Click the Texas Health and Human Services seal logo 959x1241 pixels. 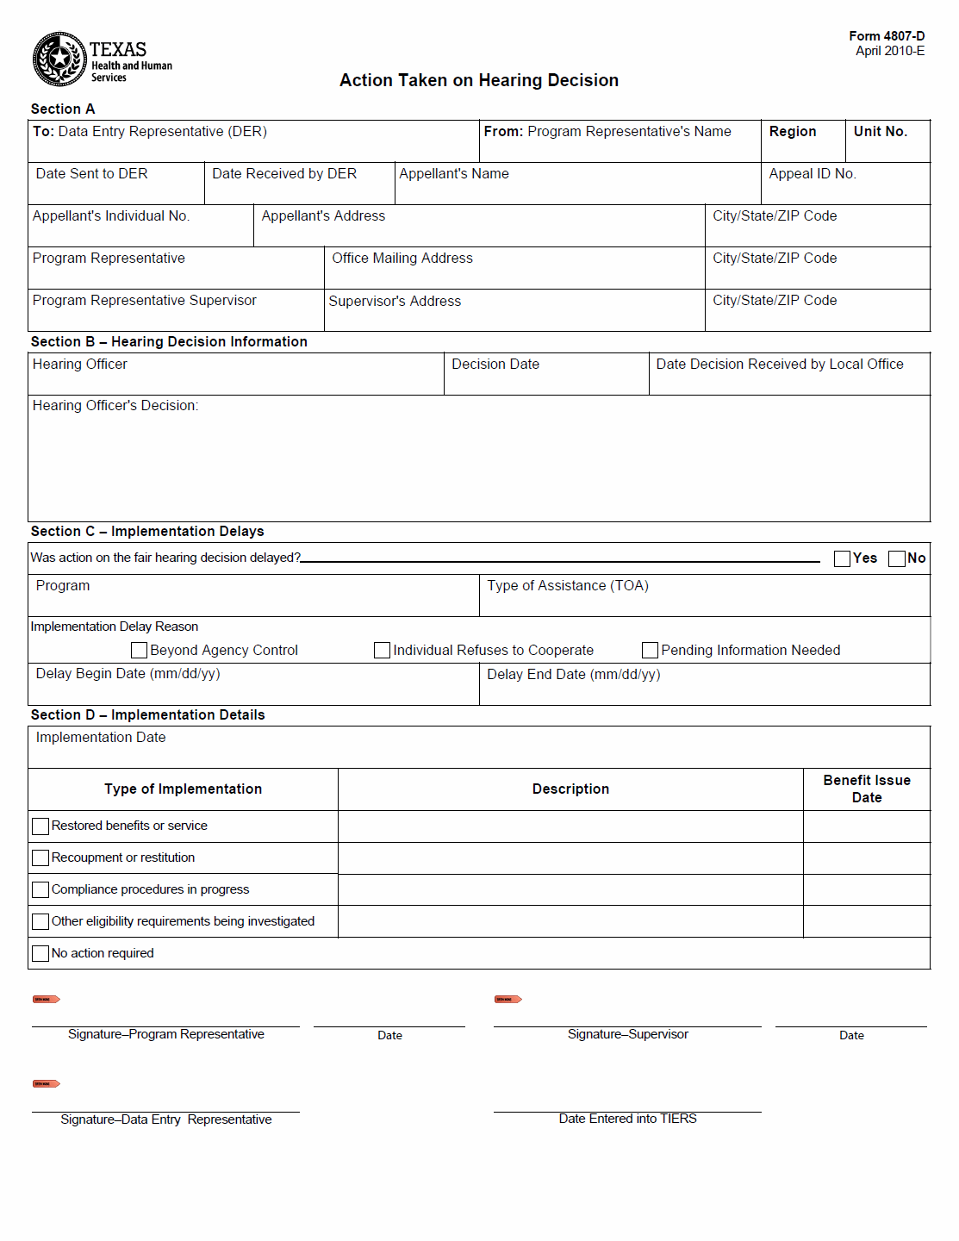pos(59,59)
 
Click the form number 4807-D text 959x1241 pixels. pos(887,36)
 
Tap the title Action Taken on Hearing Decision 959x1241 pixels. pos(478,80)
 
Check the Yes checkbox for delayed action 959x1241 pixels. pos(842,558)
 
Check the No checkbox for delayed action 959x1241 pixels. pos(896,558)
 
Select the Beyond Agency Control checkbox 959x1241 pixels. pos(139,650)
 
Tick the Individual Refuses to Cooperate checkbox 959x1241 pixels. pos(382,650)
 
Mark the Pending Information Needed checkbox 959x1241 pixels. pos(650,650)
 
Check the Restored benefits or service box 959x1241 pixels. pos(40,826)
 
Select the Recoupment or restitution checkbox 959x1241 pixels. pos(40,858)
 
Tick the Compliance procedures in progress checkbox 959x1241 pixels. pos(40,890)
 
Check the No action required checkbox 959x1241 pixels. pos(40,954)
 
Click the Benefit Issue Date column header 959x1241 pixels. pos(866,789)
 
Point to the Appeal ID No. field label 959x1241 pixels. pos(812,174)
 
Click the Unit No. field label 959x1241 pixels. pos(880,132)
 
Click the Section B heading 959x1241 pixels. pos(169,342)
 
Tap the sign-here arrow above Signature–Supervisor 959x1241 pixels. pos(508,1000)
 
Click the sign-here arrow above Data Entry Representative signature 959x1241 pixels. pos(46,1084)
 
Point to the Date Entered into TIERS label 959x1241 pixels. pos(627,1119)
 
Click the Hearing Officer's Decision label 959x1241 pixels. pos(115,406)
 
